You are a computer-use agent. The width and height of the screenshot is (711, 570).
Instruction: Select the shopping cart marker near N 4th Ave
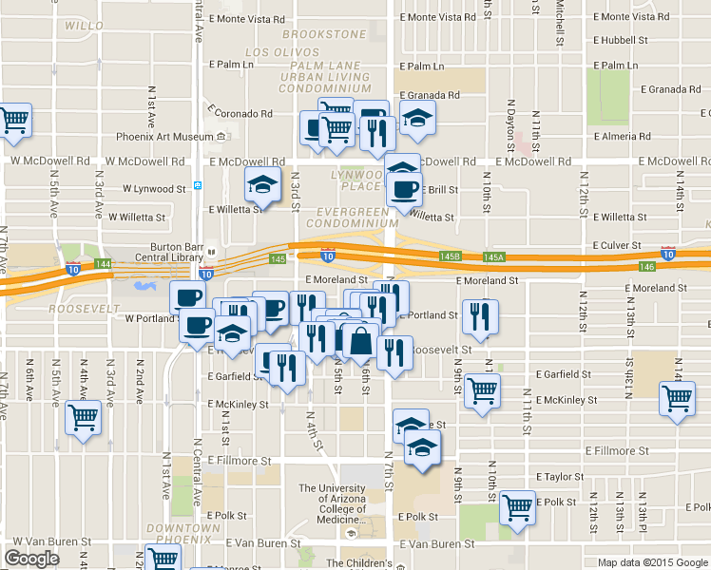tap(84, 417)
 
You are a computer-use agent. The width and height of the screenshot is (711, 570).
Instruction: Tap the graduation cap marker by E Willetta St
tap(264, 185)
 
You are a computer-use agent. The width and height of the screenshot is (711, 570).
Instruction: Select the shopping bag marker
tap(361, 341)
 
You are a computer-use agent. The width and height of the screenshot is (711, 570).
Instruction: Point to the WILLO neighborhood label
tap(85, 26)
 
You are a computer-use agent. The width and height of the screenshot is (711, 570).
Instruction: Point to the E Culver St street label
tap(619, 245)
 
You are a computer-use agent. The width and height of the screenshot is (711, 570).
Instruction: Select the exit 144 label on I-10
tap(103, 263)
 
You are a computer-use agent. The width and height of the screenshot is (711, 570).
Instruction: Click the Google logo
tap(31, 559)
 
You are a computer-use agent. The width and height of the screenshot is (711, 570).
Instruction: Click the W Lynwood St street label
tap(147, 190)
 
